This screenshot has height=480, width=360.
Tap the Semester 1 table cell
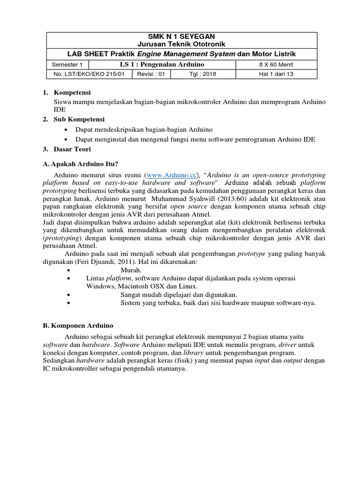pyautogui.click(x=67, y=64)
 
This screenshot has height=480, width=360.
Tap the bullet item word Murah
pyautogui.click(x=131, y=270)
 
